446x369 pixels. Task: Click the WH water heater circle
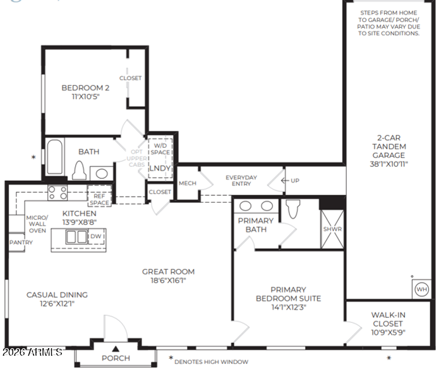coord(421,289)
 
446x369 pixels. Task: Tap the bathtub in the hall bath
coord(54,157)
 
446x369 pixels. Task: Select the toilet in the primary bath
coord(292,209)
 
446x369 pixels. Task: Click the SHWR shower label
coord(332,229)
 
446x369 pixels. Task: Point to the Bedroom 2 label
coord(85,88)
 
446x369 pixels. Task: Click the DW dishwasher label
coord(96,236)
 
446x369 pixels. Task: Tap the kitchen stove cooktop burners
coord(57,193)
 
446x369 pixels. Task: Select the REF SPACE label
coord(99,200)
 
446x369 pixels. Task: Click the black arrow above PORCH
coord(115,349)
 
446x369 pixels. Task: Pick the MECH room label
coord(188,183)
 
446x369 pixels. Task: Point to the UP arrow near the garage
coord(285,180)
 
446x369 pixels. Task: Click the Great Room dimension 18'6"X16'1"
coord(168,281)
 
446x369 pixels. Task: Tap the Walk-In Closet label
coord(388,319)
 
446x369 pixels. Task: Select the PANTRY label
coord(21,243)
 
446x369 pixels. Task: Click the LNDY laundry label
coord(160,168)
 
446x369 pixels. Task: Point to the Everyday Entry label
coord(241,181)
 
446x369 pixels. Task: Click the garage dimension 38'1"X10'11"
coord(389,164)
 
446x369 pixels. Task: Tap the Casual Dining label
coord(57,294)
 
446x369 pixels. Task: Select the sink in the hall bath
coord(102,173)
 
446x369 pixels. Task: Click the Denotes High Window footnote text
coord(211,362)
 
